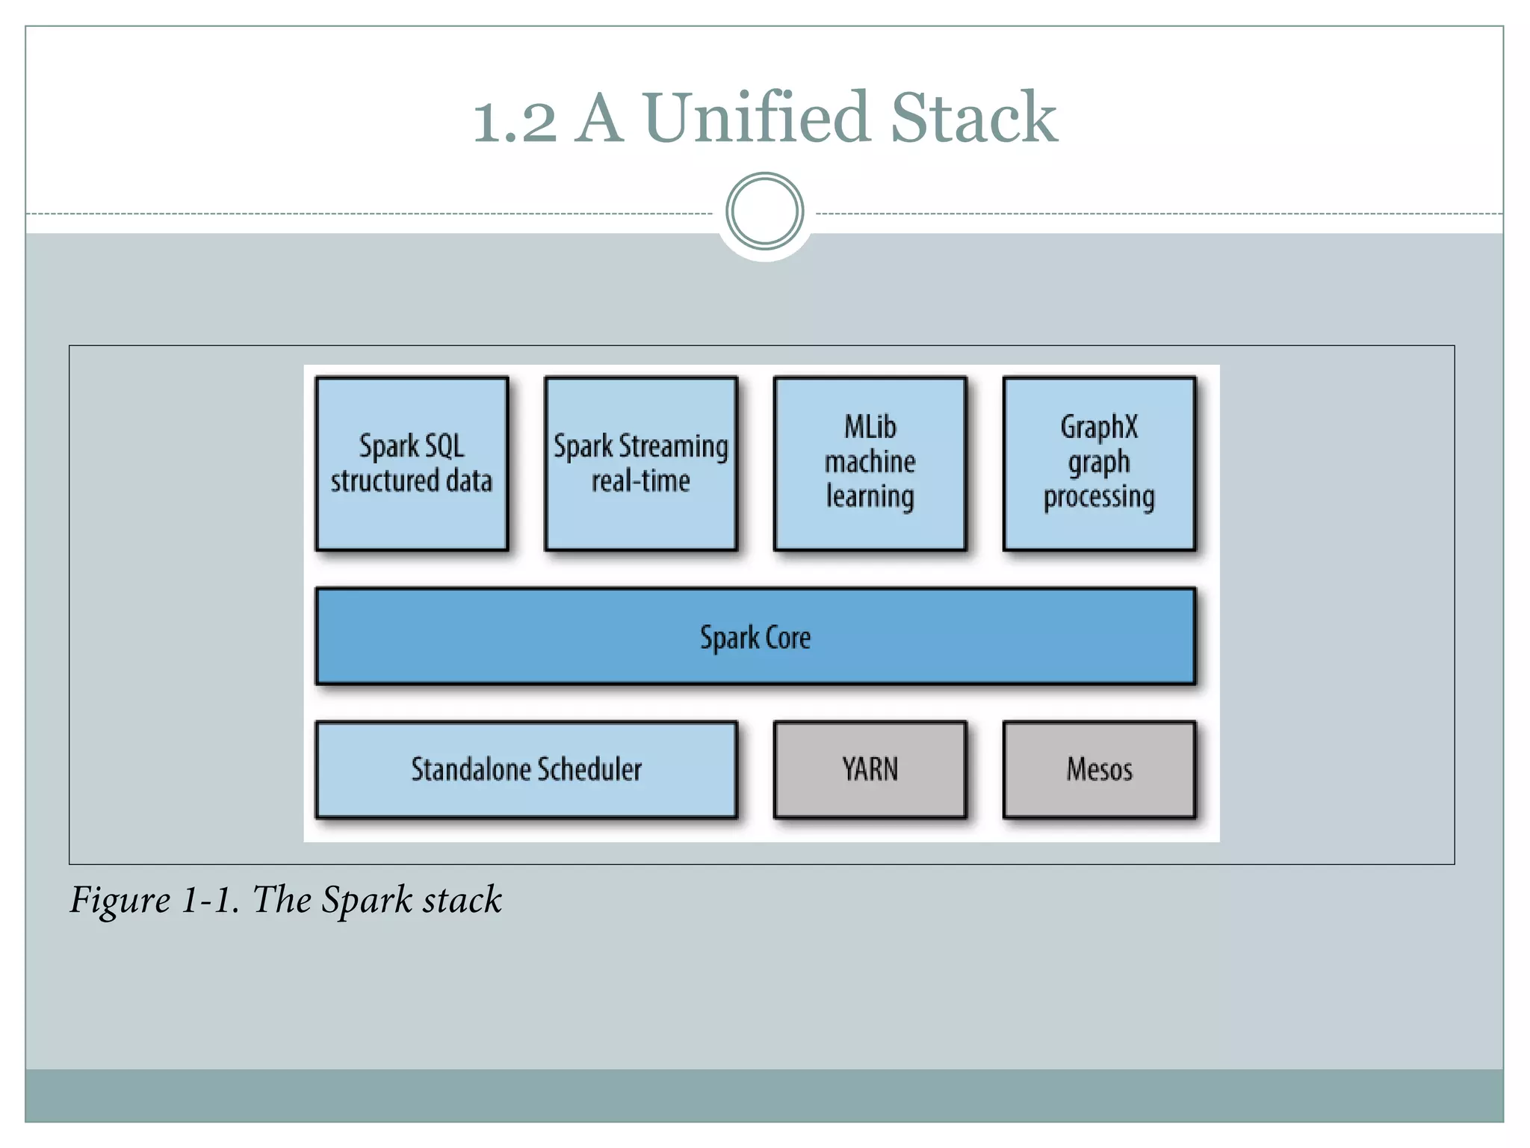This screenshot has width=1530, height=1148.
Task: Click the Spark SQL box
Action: tap(412, 464)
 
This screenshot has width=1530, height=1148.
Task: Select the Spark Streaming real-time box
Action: tap(641, 464)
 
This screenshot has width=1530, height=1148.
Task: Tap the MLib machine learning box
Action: tap(870, 464)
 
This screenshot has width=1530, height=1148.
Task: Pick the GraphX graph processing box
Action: tap(1099, 464)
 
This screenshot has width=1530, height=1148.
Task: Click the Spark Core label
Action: tap(755, 638)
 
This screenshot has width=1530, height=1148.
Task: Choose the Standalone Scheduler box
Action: tap(526, 770)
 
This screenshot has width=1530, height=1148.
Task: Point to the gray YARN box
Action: tap(870, 770)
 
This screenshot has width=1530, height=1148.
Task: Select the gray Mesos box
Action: tap(1099, 770)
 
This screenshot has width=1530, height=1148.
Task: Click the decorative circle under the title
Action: tap(764, 212)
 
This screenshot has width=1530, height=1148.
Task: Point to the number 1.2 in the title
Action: tap(515, 121)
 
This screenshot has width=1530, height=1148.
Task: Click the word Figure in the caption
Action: tap(120, 900)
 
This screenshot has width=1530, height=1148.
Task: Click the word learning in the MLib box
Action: tap(870, 497)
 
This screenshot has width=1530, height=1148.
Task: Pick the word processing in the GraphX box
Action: tap(1099, 497)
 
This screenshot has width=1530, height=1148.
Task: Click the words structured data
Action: tap(412, 481)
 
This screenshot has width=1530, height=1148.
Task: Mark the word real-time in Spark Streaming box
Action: tap(641, 481)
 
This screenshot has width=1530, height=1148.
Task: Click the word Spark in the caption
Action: tap(366, 900)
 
